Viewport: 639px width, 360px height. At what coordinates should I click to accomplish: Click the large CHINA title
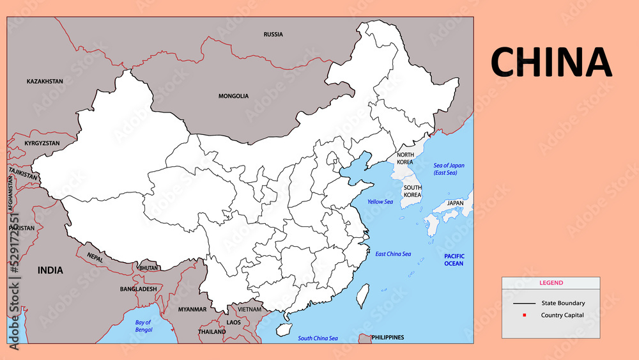coord(551,62)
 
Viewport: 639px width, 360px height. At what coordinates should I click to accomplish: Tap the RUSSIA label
coord(273,35)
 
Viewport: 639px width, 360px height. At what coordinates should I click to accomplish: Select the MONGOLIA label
coord(233,97)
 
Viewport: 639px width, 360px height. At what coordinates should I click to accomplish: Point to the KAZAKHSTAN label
coord(45,82)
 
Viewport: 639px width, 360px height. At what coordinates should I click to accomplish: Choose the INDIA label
coord(50,270)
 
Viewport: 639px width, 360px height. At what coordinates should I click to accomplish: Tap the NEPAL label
coord(95,256)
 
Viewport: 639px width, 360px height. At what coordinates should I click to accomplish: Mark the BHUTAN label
coord(148,268)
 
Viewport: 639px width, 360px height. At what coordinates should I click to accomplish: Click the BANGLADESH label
coord(138,289)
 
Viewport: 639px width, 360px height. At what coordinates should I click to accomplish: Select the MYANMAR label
coord(192,309)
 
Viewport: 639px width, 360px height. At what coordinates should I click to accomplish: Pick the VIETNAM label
coord(249,309)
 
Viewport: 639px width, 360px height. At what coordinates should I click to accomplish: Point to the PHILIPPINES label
coord(387,337)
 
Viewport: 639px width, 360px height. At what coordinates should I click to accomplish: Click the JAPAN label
coord(455,203)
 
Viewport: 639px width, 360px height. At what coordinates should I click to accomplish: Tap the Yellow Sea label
coord(380,202)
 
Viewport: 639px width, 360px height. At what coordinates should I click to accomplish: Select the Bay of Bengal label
coord(143,325)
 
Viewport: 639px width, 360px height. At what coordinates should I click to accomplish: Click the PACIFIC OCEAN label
coord(454,260)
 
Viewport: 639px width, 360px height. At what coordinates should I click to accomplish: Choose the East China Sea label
coord(393,254)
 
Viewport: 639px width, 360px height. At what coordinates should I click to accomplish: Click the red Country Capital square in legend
coord(524,315)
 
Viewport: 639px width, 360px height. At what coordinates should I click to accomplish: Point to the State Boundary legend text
coord(562,303)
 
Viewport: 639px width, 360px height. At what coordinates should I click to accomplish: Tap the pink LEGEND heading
coord(551,283)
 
